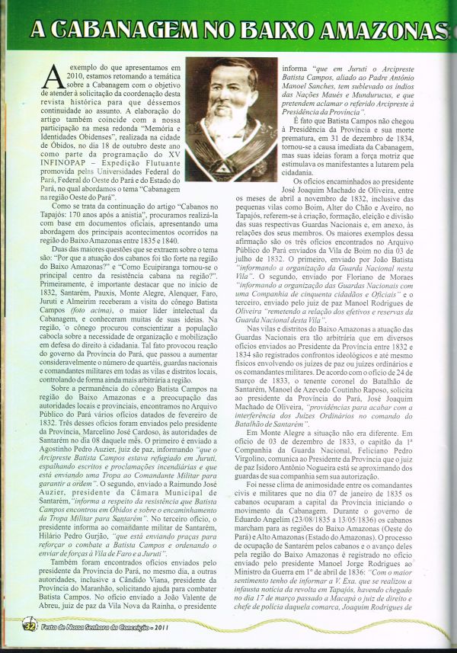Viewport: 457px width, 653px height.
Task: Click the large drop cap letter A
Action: click(x=53, y=77)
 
